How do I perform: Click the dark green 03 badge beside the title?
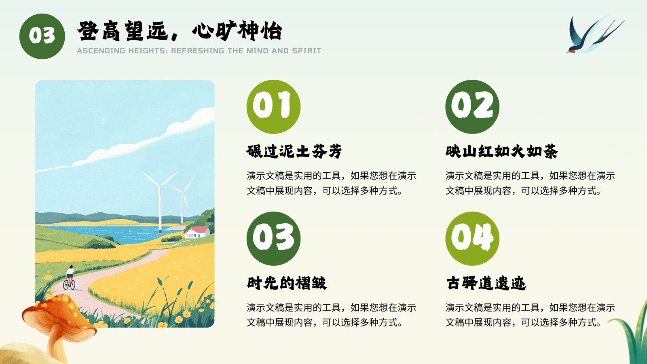pyautogui.click(x=42, y=36)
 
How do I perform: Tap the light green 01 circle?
pyautogui.click(x=273, y=107)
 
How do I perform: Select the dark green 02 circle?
pyautogui.click(x=472, y=107)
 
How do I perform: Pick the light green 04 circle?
pyautogui.click(x=472, y=239)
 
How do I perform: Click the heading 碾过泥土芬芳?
pyautogui.click(x=294, y=151)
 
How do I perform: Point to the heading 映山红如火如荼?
pyautogui.click(x=501, y=151)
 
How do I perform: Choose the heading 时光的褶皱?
pyautogui.click(x=287, y=283)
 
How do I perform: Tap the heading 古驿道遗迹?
pyautogui.click(x=486, y=283)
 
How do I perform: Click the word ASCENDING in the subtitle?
pyautogui.click(x=101, y=51)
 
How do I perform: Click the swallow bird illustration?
pyautogui.click(x=595, y=34)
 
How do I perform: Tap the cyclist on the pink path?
pyautogui.click(x=69, y=277)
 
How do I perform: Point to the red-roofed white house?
pyautogui.click(x=197, y=232)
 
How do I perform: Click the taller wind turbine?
pyautogui.click(x=160, y=202)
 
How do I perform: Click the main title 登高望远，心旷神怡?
pyautogui.click(x=180, y=31)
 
